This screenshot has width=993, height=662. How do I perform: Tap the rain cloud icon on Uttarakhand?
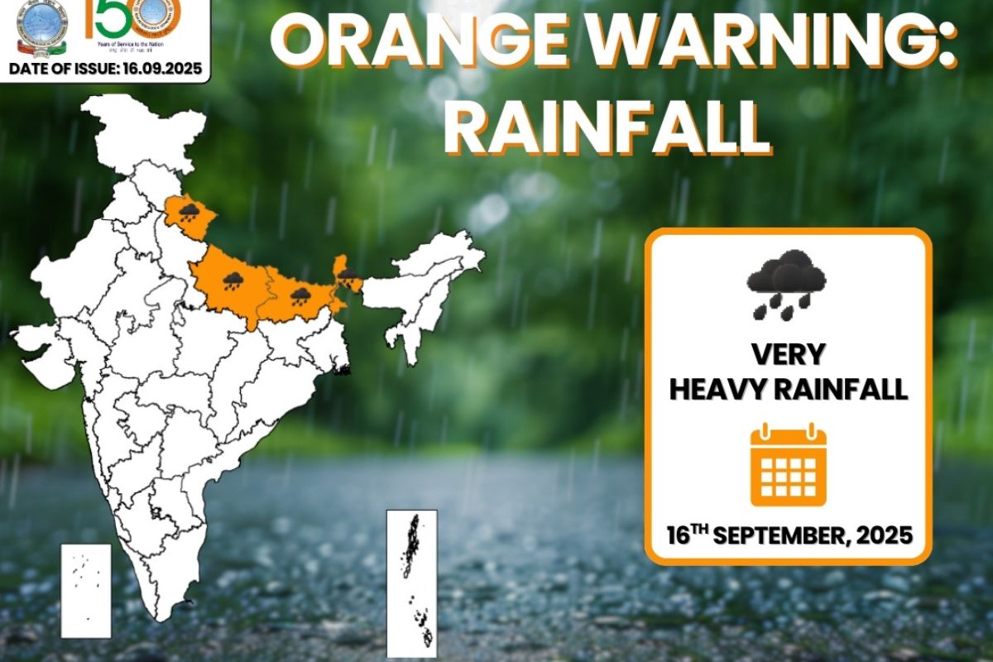tap(189, 213)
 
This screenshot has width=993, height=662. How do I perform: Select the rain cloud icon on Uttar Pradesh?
tap(233, 281)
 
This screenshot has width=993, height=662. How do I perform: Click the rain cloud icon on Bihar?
tap(300, 295)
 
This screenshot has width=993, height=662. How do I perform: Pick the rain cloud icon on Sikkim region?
tap(348, 273)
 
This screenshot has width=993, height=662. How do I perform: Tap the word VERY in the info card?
tap(788, 355)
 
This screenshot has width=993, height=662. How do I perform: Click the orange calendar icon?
tap(788, 465)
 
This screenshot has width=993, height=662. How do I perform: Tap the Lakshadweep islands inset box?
tap(86, 590)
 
